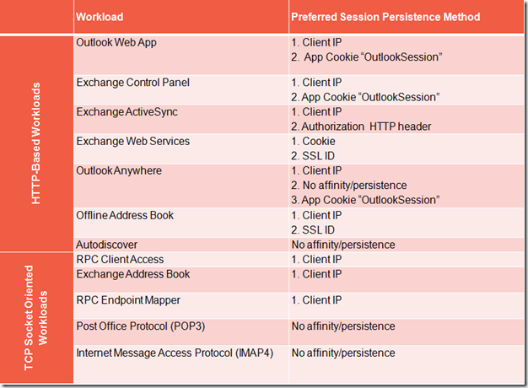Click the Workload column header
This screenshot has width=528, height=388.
(x=100, y=17)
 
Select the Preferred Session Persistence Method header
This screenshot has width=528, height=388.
(x=385, y=17)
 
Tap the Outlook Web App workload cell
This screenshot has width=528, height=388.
(x=116, y=43)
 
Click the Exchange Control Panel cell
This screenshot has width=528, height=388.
(x=132, y=83)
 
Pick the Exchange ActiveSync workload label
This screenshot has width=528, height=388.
(x=127, y=112)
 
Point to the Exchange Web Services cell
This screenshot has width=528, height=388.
(x=133, y=141)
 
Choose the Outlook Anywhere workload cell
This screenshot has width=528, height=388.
(x=119, y=170)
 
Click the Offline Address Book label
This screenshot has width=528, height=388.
(x=125, y=215)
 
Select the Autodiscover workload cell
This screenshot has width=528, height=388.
(x=107, y=245)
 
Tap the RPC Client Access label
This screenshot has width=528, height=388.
(x=120, y=259)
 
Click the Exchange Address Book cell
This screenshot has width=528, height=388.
(x=133, y=274)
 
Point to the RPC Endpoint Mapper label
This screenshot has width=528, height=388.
(x=128, y=300)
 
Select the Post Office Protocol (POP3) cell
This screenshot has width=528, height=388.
(x=141, y=326)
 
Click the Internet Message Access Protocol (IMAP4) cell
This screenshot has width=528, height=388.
(x=175, y=353)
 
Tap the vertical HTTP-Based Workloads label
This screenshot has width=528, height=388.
(x=36, y=143)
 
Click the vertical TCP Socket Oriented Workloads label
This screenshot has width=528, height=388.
(x=35, y=318)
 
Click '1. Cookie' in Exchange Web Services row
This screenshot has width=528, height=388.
(x=313, y=141)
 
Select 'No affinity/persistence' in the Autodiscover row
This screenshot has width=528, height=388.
(x=343, y=245)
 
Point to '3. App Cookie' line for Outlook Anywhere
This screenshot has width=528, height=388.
(x=365, y=200)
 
